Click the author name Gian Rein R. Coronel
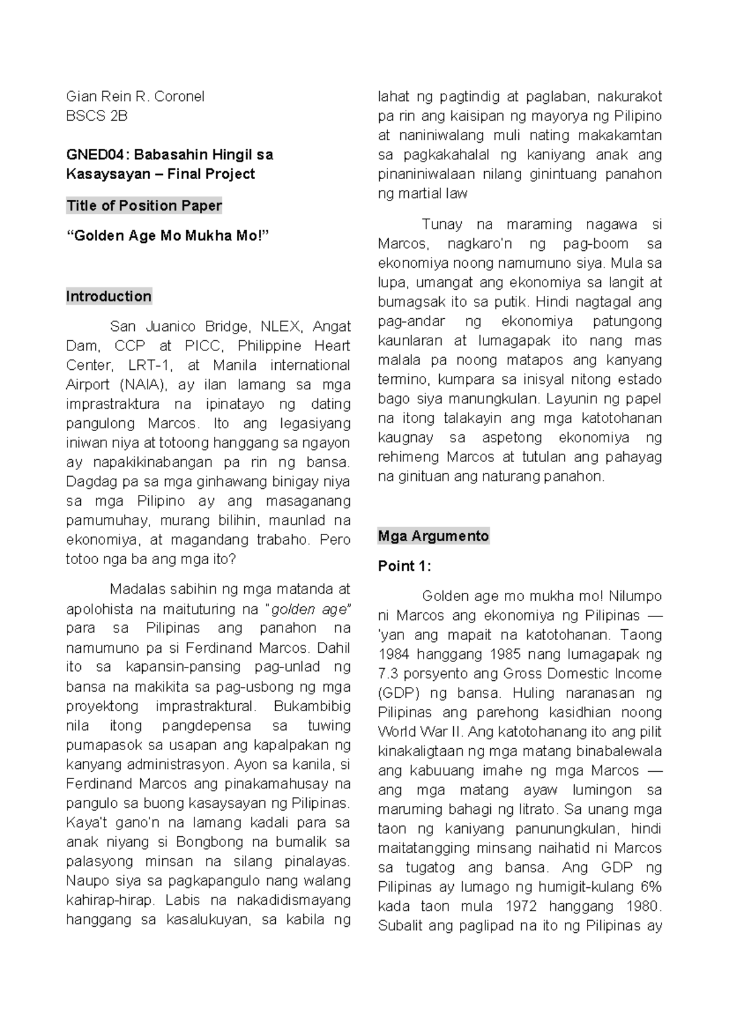pyautogui.click(x=135, y=97)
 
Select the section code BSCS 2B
pyautogui.click(x=97, y=116)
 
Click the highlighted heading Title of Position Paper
pyautogui.click(x=144, y=206)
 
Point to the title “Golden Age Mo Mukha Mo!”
pyautogui.click(x=166, y=236)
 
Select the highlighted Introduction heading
pyautogui.click(x=109, y=296)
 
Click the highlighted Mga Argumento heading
pyautogui.click(x=433, y=536)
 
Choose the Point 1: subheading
pyautogui.click(x=404, y=566)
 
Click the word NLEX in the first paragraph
pyautogui.click(x=281, y=327)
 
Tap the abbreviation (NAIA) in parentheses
pyautogui.click(x=140, y=385)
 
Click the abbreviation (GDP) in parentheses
pyautogui.click(x=398, y=694)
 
